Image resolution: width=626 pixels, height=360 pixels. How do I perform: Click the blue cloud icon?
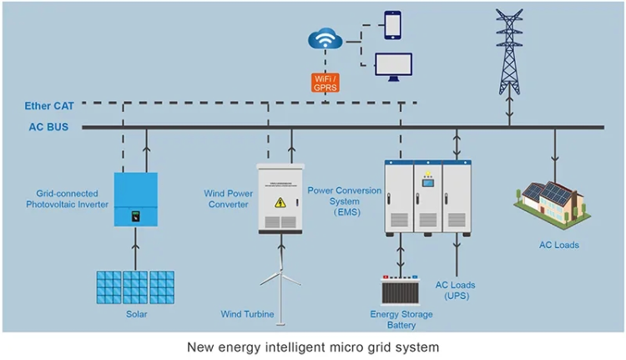coord(325,38)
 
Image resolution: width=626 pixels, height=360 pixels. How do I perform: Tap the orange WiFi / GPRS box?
coord(325,83)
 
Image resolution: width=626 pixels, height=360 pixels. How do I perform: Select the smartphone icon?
coord(393,24)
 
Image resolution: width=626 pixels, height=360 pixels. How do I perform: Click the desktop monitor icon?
coord(393,65)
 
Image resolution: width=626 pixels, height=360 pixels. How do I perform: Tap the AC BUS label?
coord(48,128)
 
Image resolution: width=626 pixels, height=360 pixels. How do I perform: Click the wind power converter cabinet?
coord(280,198)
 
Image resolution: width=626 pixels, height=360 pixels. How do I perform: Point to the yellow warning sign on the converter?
coord(280,202)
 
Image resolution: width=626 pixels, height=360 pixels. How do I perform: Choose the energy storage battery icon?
coord(401,289)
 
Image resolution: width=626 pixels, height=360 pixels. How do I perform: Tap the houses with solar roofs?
coord(548,204)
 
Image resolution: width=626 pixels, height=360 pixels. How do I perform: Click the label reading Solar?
coord(136,314)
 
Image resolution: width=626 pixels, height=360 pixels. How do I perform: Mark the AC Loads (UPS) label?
coord(456,291)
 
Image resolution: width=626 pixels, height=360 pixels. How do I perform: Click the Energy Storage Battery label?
coord(401,320)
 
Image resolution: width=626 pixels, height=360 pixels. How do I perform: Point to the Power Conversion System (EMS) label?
coord(344,201)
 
